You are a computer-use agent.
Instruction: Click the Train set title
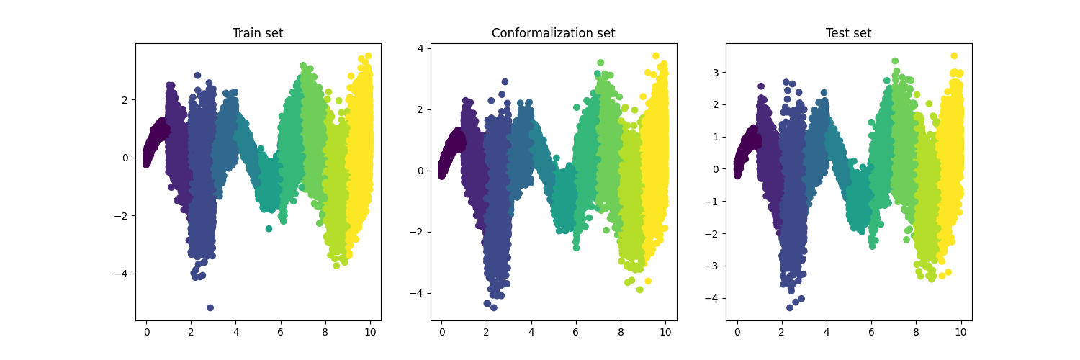click(258, 33)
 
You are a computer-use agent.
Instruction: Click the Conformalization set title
click(553, 33)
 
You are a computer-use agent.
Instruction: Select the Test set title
click(848, 33)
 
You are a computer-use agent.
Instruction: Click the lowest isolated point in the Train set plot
click(210, 307)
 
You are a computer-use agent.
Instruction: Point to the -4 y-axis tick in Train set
click(122, 274)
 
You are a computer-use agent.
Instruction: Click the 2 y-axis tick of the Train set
click(125, 99)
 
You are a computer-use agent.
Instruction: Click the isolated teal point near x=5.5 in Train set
click(269, 228)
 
